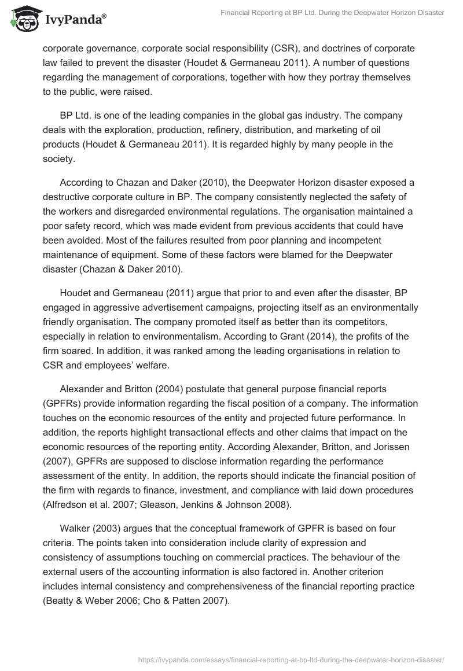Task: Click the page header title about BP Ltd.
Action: [332, 13]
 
